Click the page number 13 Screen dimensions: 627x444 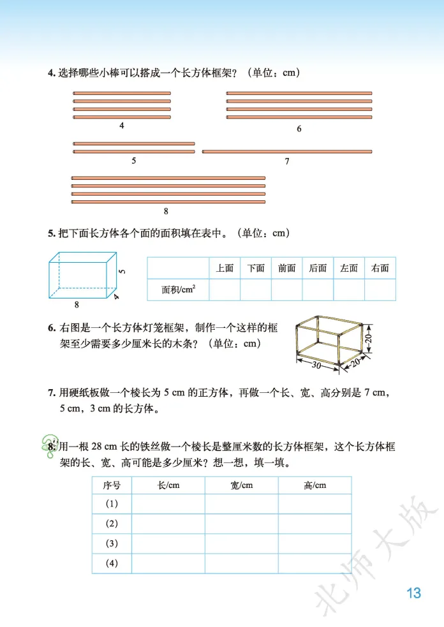pyautogui.click(x=413, y=593)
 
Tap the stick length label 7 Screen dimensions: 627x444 pyautogui.click(x=287, y=162)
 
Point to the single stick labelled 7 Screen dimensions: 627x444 pyautogui.click(x=286, y=152)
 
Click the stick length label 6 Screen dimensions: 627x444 pyautogui.click(x=299, y=129)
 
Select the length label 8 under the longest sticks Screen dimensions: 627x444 pyautogui.click(x=166, y=211)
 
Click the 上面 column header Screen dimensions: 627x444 pyautogui.click(x=225, y=269)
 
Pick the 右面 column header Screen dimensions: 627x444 pyautogui.click(x=380, y=269)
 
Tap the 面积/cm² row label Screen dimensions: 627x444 pyautogui.click(x=179, y=290)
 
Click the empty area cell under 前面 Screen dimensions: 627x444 pyautogui.click(x=287, y=290)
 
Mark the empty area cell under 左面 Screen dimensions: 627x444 pyautogui.click(x=349, y=290)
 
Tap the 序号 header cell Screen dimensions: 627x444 pyautogui.click(x=112, y=485)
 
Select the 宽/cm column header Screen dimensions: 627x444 pyautogui.click(x=241, y=485)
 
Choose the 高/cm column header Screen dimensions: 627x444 pyautogui.click(x=314, y=485)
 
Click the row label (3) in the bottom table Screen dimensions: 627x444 pyautogui.click(x=112, y=543)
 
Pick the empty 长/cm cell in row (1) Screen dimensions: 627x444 pyautogui.click(x=168, y=504)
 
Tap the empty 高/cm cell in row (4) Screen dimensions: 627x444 pyautogui.click(x=314, y=563)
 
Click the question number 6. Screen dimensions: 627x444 pyautogui.click(x=51, y=328)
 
